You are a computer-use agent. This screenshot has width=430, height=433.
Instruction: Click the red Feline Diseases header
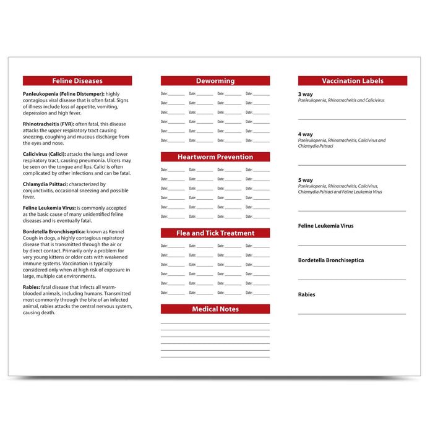(x=77, y=81)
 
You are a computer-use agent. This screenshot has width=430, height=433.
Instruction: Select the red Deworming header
(x=215, y=81)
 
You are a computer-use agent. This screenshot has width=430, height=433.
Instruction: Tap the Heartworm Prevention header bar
(x=215, y=157)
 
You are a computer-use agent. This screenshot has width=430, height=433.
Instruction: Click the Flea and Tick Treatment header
(x=215, y=233)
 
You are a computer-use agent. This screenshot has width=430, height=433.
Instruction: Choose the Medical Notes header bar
(x=215, y=309)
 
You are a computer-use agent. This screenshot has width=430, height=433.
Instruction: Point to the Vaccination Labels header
(x=353, y=81)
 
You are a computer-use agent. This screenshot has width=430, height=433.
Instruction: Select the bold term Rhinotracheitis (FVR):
(x=52, y=124)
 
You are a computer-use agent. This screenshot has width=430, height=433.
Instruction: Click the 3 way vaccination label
(x=306, y=94)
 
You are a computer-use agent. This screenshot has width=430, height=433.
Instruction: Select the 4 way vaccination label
(x=306, y=134)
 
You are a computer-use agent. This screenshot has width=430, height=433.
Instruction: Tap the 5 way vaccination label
(x=306, y=180)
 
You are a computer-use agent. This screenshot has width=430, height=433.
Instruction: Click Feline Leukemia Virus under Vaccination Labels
(x=325, y=226)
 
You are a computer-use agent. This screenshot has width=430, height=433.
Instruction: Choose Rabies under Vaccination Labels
(x=306, y=294)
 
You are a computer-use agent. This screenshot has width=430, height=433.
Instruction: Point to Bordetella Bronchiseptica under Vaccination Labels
(x=331, y=260)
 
